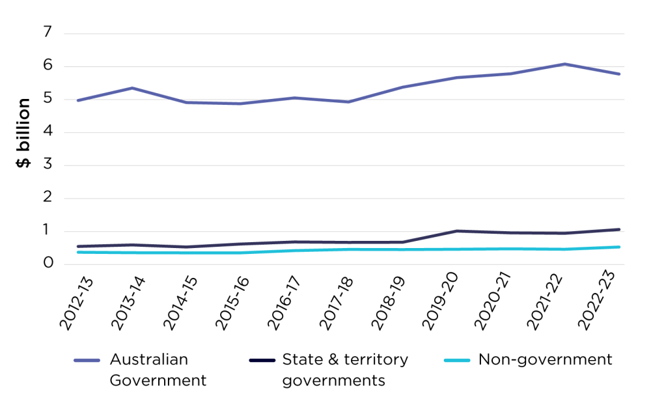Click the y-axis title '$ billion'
point(23,133)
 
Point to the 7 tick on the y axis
point(48,33)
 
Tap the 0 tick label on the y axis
point(48,264)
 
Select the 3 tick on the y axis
point(48,165)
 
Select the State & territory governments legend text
point(344,370)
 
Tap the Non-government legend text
point(546,359)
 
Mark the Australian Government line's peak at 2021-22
point(565,64)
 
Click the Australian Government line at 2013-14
point(133,88)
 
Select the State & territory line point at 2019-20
point(457,230)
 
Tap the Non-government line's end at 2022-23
point(619,247)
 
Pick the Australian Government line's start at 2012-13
point(78,100)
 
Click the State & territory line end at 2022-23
point(619,229)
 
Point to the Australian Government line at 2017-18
point(349,102)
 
